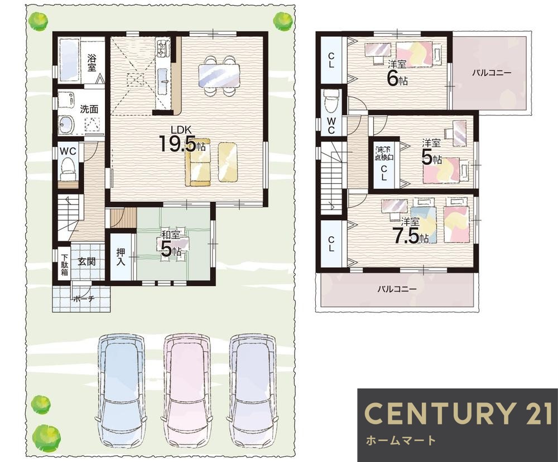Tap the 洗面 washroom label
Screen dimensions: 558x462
click(x=89, y=109)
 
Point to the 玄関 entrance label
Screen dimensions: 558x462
click(x=86, y=262)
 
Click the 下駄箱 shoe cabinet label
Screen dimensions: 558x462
click(x=64, y=265)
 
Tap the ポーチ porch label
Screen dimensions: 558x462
click(x=84, y=299)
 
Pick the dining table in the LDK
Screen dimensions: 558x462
click(x=219, y=76)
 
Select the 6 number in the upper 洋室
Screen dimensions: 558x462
click(x=392, y=79)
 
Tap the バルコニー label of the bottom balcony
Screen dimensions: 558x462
click(x=397, y=289)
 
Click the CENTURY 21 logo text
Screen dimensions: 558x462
click(x=458, y=412)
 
